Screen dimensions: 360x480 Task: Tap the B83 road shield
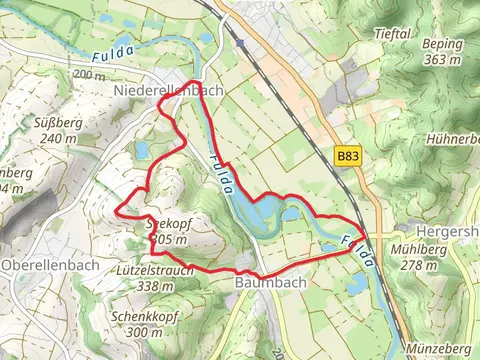click(x=347, y=157)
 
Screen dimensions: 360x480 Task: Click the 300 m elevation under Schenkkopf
click(x=145, y=332)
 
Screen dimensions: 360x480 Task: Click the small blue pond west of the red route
click(x=142, y=151)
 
